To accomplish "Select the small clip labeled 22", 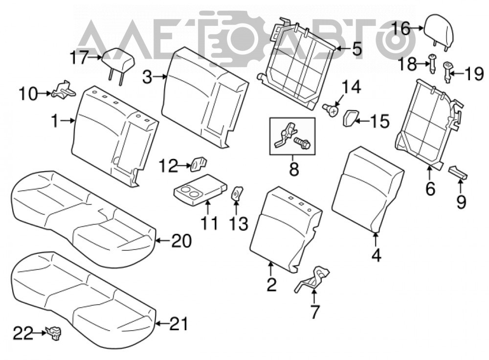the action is click(54, 333).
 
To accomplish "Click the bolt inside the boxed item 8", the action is click(302, 143).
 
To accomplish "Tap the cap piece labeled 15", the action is click(351, 118).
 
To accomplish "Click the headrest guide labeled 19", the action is click(447, 72).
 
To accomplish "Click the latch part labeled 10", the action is click(64, 90).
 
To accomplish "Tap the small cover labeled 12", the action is click(199, 164).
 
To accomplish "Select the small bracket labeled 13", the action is click(238, 193).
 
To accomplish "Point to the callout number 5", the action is click(356, 48).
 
